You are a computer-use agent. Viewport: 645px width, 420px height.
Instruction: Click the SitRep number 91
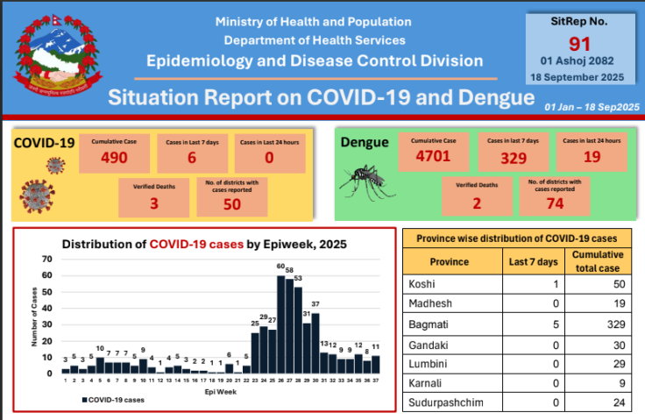580,43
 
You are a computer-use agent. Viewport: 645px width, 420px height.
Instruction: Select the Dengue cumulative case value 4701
432,159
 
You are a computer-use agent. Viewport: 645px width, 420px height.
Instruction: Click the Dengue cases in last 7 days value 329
512,159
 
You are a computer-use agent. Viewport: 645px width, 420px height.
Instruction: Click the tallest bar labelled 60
280,324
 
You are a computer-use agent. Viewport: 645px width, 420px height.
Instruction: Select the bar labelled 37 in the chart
315,342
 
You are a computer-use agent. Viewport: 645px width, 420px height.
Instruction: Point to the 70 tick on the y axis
48,259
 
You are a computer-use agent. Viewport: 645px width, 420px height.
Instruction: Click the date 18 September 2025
580,76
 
